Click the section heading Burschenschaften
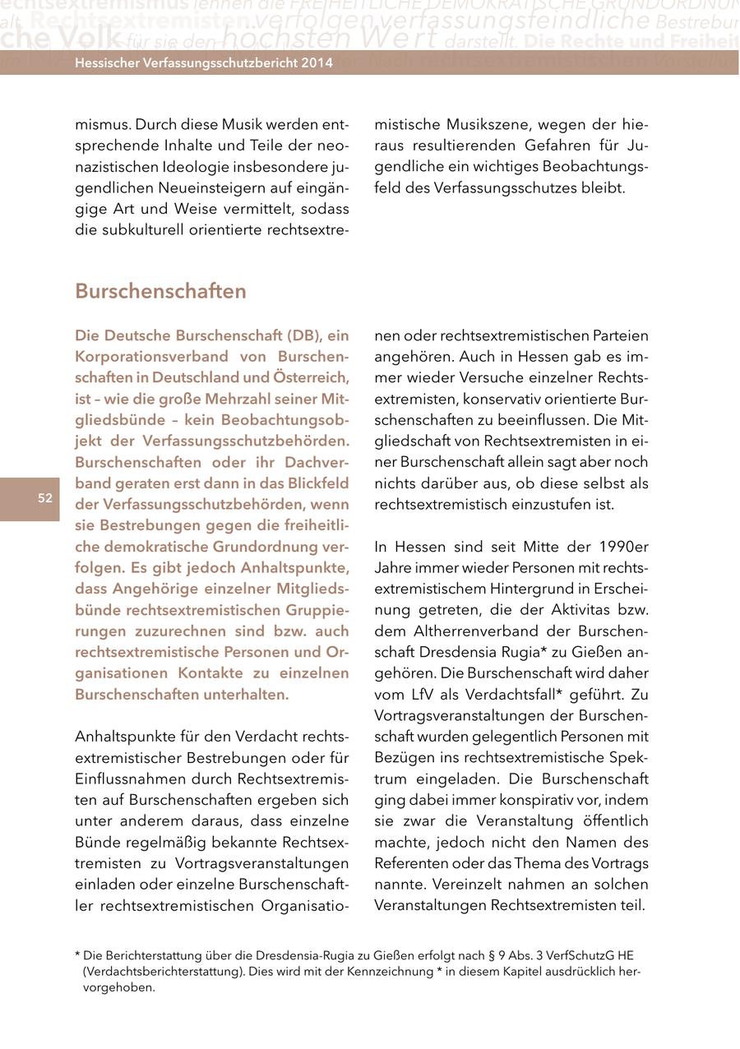[160, 292]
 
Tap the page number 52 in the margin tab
[44, 498]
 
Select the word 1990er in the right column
[623, 547]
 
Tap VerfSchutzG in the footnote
[580, 956]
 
